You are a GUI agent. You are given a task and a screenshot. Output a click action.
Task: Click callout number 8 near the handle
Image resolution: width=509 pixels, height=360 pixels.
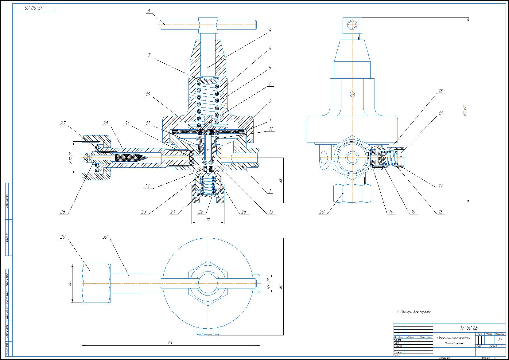[149, 11]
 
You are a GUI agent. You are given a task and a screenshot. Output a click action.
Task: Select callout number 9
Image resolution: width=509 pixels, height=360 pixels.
[270, 30]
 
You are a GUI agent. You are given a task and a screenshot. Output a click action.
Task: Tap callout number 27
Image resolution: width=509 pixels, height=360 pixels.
[63, 123]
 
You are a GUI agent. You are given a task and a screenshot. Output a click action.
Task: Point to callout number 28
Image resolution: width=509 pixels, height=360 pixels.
[106, 123]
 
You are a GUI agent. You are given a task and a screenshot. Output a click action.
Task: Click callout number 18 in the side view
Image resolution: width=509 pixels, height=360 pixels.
[441, 91]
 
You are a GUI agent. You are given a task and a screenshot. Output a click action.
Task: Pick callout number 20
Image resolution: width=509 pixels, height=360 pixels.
[321, 212]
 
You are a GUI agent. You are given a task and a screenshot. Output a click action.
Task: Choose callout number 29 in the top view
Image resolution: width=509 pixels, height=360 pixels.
[63, 237]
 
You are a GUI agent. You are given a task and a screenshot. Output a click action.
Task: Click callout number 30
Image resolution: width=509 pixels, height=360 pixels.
[106, 237]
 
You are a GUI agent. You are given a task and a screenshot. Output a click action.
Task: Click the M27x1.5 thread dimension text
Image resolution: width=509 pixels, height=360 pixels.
[70, 158]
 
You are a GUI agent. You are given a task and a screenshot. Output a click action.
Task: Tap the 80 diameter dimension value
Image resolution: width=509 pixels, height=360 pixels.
[280, 287]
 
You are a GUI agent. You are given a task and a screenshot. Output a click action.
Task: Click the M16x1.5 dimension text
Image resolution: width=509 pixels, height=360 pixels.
[269, 284]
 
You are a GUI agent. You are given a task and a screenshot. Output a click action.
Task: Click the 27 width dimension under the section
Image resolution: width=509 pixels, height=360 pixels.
[207, 220]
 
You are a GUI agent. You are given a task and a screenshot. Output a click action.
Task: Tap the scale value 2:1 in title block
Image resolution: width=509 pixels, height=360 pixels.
[499, 340]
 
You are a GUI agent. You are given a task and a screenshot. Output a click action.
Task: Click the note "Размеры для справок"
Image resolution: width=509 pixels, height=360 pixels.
[414, 312]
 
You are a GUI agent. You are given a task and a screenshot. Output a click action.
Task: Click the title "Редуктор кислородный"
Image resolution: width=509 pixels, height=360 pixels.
[453, 337]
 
